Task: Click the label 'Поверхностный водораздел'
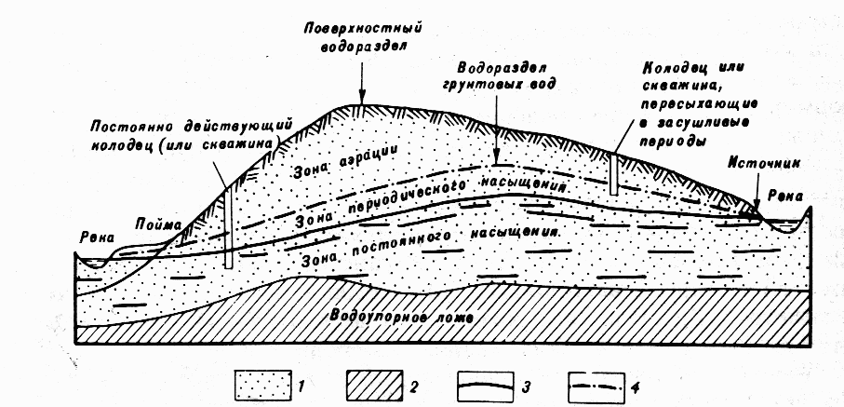point(362,35)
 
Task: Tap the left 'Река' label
point(98,237)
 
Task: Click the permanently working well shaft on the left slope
point(228,227)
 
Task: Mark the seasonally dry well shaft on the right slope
point(613,173)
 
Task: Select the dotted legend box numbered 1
point(263,386)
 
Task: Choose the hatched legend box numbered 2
point(375,386)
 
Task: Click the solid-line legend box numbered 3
point(486,386)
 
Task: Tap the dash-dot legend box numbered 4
point(596,386)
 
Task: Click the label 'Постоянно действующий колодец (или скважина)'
point(188,136)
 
